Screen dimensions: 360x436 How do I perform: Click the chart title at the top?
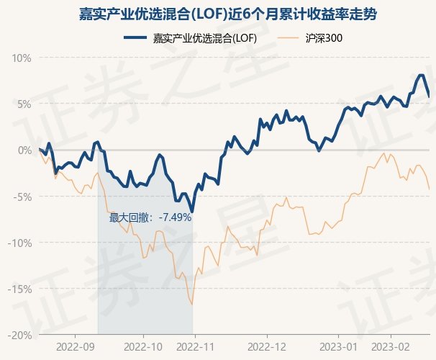tap(217, 14)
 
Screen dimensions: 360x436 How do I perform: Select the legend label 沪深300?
tap(322, 38)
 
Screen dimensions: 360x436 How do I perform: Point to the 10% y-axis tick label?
tap(22, 58)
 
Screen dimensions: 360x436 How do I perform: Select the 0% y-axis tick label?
tap(25, 150)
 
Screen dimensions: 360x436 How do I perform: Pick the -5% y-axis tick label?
tap(23, 197)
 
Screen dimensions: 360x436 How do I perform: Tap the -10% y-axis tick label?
tap(20, 243)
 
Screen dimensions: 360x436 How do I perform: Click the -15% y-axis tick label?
tap(20, 289)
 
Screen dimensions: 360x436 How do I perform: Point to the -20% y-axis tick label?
tap(20, 335)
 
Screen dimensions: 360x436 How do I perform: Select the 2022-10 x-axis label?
tap(144, 346)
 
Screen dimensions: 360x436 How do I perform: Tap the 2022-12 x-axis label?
tap(267, 346)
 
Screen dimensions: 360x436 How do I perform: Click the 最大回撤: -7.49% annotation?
tap(150, 217)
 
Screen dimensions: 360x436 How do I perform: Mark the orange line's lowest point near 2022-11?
tap(192, 305)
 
